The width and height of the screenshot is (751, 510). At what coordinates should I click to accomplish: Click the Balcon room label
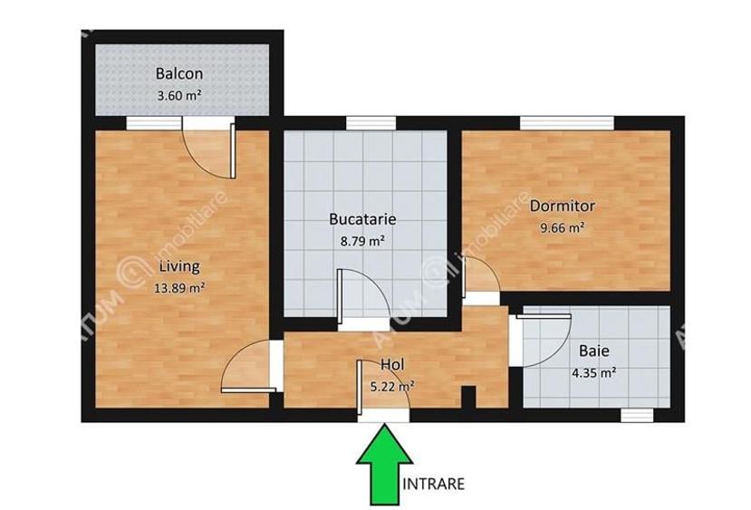pos(178,73)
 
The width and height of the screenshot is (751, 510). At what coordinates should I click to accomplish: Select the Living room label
pos(178,267)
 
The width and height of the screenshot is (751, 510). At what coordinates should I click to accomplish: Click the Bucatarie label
pos(362,219)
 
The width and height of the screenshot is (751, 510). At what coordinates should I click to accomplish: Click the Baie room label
pos(593,351)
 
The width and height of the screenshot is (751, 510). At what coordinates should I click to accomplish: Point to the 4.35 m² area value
pos(594,371)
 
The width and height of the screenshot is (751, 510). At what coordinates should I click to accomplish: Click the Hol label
pos(391,364)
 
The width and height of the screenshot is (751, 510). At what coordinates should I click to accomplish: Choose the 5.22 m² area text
pos(393,385)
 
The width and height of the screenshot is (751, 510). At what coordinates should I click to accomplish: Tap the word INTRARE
pos(434,484)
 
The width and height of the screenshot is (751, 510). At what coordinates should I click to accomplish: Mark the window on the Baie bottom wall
pos(637,415)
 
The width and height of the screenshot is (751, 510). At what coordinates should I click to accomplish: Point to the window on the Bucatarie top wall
pos(364,123)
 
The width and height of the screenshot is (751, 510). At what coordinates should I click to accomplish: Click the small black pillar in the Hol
pos(468,398)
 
